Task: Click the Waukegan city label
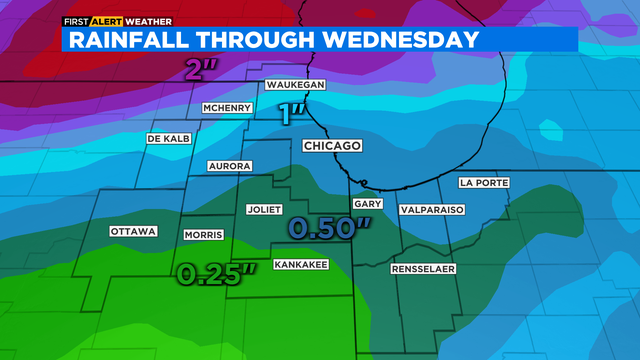click(x=293, y=87)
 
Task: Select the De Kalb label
click(x=168, y=138)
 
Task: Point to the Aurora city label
click(x=231, y=165)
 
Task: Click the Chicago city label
click(x=331, y=146)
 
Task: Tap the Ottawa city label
click(x=133, y=232)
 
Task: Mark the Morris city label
click(x=203, y=235)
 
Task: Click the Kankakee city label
click(x=301, y=263)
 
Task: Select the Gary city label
click(x=364, y=203)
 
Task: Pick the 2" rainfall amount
click(x=200, y=70)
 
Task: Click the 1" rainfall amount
click(x=291, y=113)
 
